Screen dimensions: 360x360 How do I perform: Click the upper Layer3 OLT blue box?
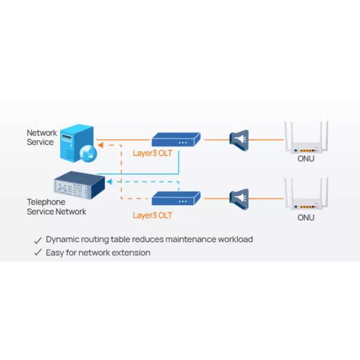pyautogui.click(x=176, y=140)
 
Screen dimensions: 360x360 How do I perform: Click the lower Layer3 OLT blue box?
pyautogui.click(x=176, y=197)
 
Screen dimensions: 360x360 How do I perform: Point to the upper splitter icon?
pyautogui.click(x=239, y=140)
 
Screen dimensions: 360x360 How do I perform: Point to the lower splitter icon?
pyautogui.click(x=239, y=197)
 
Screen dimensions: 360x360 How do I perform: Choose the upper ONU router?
pyautogui.click(x=306, y=139)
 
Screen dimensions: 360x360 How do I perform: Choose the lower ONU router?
pyautogui.click(x=306, y=196)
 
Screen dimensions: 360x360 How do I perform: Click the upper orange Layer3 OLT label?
pyautogui.click(x=152, y=153)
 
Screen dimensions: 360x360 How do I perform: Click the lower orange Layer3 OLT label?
pyautogui.click(x=152, y=214)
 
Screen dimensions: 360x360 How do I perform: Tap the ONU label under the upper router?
pyautogui.click(x=306, y=159)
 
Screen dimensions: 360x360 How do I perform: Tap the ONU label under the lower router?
pyautogui.click(x=306, y=217)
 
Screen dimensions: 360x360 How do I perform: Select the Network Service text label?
pyautogui.click(x=41, y=137)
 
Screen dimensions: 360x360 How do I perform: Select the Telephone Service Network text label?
pyautogui.click(x=56, y=207)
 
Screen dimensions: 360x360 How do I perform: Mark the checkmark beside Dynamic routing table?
pyautogui.click(x=38, y=239)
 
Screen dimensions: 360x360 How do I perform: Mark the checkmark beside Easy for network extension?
pyautogui.click(x=38, y=253)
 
